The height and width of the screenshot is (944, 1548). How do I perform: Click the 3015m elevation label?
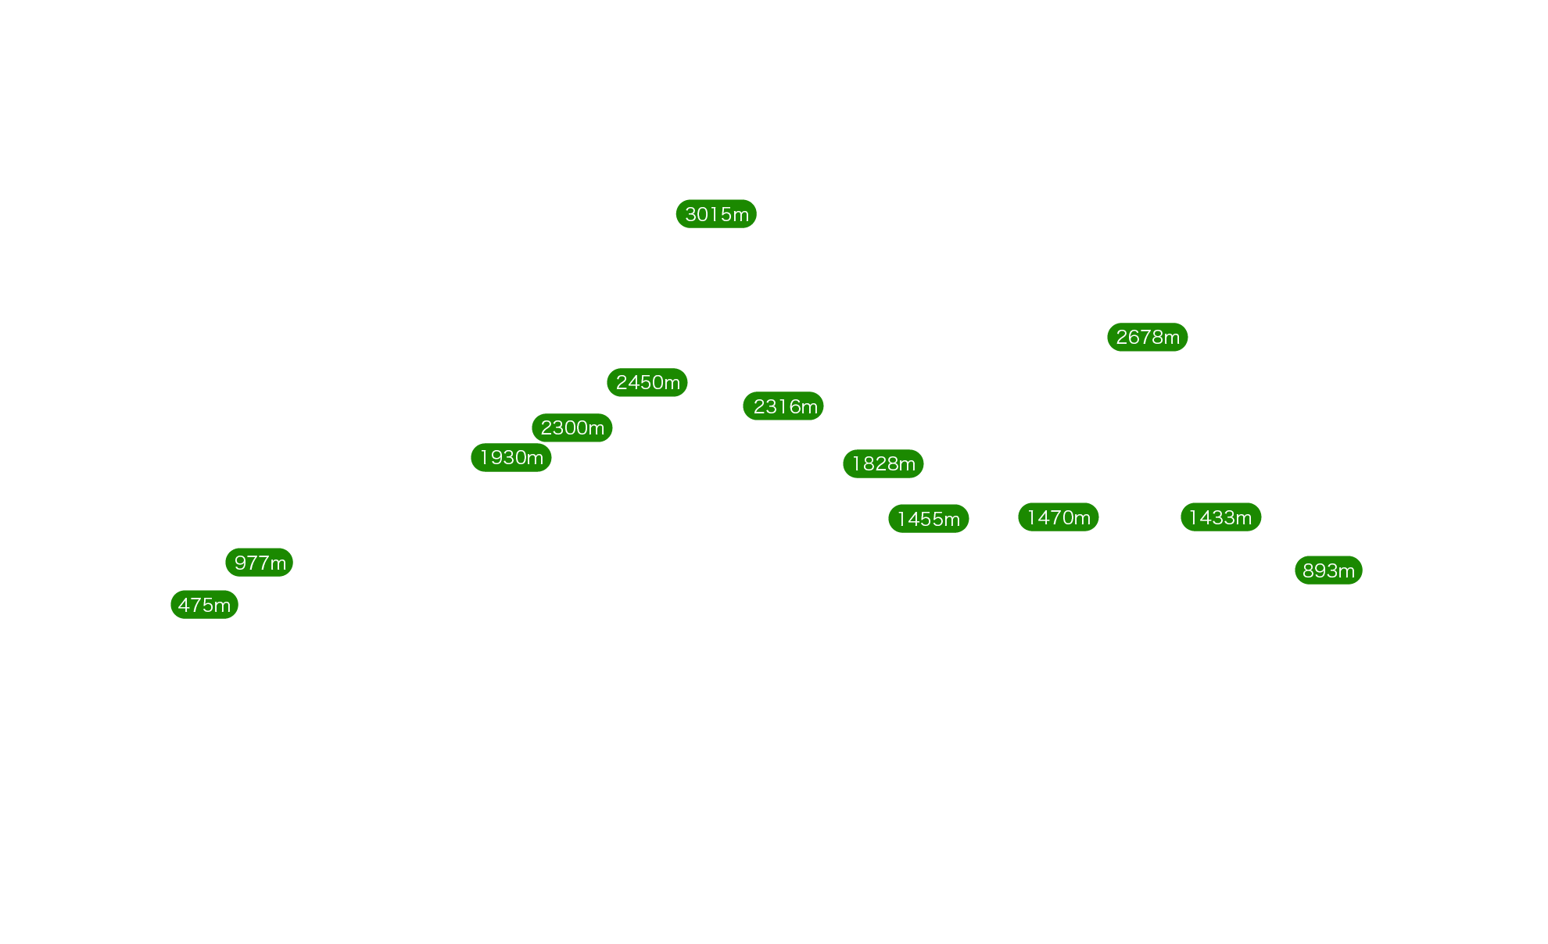pyautogui.click(x=716, y=214)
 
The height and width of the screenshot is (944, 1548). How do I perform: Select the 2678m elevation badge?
pyautogui.click(x=1148, y=338)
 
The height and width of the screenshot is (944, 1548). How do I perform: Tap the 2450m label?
pyautogui.click(x=647, y=383)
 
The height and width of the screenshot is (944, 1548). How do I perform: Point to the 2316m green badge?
pyautogui.click(x=783, y=406)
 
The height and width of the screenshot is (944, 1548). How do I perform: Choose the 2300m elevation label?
pyautogui.click(x=572, y=428)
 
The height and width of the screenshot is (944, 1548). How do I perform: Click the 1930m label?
pyautogui.click(x=511, y=458)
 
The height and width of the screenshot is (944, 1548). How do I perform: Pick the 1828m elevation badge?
pyautogui.click(x=883, y=464)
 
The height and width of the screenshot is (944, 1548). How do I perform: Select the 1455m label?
pyautogui.click(x=929, y=519)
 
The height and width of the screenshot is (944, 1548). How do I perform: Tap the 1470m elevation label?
pyautogui.click(x=1059, y=517)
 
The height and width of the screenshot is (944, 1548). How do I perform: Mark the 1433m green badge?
pyautogui.click(x=1221, y=517)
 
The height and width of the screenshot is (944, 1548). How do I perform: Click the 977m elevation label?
pyautogui.click(x=260, y=563)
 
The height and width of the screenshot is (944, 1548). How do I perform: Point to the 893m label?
pyautogui.click(x=1329, y=570)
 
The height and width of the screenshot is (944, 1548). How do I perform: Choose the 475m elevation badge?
pyautogui.click(x=205, y=605)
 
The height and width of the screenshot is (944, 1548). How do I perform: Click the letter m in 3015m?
pyautogui.click(x=740, y=215)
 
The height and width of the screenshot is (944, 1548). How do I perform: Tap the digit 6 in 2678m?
pyautogui.click(x=1134, y=338)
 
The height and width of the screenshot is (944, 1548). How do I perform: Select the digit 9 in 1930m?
pyautogui.click(x=496, y=458)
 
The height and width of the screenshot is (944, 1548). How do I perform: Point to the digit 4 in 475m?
pyautogui.click(x=184, y=605)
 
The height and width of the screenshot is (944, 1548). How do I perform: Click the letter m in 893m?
pyautogui.click(x=1346, y=571)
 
